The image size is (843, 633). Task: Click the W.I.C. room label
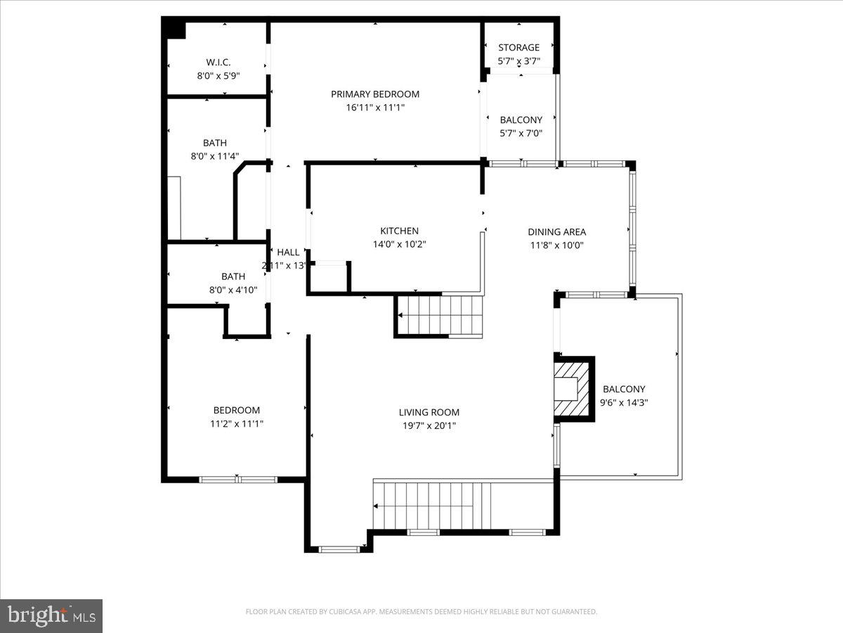[x=218, y=61]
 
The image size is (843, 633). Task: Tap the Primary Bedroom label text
[x=375, y=94]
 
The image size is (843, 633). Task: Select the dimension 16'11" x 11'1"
[x=375, y=108]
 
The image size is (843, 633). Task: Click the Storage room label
[x=518, y=48]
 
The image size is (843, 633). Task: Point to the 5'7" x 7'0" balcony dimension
[x=521, y=133]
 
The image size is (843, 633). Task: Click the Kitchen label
[x=399, y=231]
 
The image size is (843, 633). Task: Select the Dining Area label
[x=556, y=232]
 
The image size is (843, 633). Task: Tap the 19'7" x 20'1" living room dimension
[x=429, y=426]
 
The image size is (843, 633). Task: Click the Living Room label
[x=429, y=412]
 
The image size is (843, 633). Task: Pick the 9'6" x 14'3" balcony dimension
[x=624, y=402]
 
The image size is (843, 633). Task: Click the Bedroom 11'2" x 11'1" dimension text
[x=237, y=423]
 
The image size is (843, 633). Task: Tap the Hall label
[x=288, y=252]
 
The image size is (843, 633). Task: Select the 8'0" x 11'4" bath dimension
[x=215, y=157]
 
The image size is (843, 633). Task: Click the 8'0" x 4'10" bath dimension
[x=233, y=290]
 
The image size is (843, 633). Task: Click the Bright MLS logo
[x=51, y=616]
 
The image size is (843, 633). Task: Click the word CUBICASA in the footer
[x=348, y=612]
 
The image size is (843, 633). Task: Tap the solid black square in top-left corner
[x=174, y=28]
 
